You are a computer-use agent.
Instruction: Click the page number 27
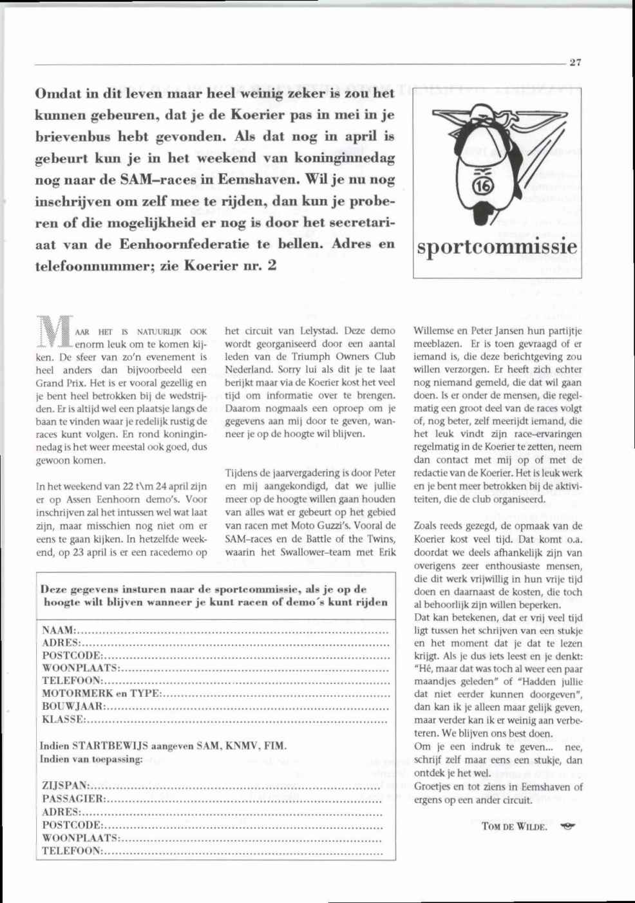pyautogui.click(x=575, y=62)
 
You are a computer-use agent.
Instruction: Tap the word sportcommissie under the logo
pyautogui.click(x=497, y=247)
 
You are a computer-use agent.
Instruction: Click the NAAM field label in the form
pyautogui.click(x=59, y=631)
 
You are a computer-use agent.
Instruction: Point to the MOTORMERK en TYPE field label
pyautogui.click(x=101, y=694)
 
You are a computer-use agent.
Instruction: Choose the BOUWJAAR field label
pyautogui.click(x=73, y=707)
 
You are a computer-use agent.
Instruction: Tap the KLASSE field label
pyautogui.click(x=63, y=719)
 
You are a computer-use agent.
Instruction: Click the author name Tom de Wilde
pyautogui.click(x=514, y=826)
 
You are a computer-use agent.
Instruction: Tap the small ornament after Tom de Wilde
pyautogui.click(x=567, y=826)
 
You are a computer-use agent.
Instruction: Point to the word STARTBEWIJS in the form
pyautogui.click(x=110, y=746)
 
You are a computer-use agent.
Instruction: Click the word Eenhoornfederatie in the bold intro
pyautogui.click(x=184, y=245)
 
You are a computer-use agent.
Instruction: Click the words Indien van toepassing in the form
pyautogui.click(x=91, y=759)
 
